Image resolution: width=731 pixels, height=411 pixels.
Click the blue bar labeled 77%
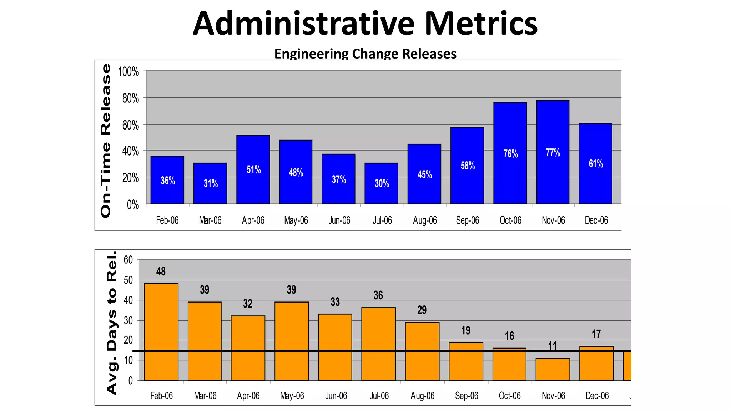[553, 171]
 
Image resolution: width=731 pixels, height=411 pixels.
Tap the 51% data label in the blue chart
[253, 169]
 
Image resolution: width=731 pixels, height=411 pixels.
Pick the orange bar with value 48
[161, 332]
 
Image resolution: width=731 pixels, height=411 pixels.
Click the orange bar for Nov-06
[553, 369]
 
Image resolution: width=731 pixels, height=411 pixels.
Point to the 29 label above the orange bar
[422, 310]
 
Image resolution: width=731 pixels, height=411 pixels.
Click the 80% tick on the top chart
[131, 98]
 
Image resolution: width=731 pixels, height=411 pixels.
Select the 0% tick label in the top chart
[133, 205]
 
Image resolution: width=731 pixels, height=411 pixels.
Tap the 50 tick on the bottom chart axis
[128, 280]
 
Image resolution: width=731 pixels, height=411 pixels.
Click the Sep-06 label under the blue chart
[467, 220]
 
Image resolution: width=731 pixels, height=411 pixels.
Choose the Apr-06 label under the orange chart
[248, 396]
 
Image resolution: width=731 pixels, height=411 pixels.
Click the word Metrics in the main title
[481, 24]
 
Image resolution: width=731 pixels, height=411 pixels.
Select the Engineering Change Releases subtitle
[365, 54]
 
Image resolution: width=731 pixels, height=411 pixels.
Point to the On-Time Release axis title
[106, 141]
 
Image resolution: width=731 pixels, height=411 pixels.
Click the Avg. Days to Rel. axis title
[112, 323]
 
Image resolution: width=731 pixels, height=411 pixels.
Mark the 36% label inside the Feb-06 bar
[168, 181]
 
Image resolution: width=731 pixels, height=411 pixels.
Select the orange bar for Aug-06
[422, 351]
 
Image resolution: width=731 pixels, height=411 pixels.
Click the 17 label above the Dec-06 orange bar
[596, 334]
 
